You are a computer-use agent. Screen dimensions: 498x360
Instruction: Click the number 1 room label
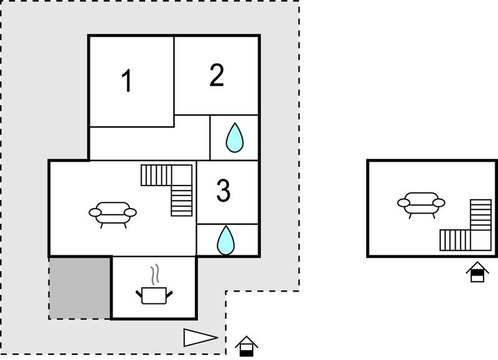(128, 81)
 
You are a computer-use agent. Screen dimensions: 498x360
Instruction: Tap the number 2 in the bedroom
(217, 75)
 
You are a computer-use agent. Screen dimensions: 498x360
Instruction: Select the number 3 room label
(223, 191)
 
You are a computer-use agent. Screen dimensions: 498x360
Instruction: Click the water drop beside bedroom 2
(235, 138)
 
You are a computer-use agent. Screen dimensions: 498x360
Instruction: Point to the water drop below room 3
(226, 240)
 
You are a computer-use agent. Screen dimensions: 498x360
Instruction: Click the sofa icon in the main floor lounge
(113, 215)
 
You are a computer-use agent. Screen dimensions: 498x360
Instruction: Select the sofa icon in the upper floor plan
(421, 206)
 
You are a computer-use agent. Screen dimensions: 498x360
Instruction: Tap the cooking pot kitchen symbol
(154, 295)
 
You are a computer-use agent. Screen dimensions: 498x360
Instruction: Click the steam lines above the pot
(154, 275)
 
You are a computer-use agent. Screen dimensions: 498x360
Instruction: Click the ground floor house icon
(247, 346)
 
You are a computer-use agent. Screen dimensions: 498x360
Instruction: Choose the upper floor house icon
(477, 272)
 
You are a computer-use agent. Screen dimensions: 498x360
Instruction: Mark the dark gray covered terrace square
(80, 288)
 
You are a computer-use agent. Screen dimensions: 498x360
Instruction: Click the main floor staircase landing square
(182, 175)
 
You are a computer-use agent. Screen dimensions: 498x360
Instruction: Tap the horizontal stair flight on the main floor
(157, 175)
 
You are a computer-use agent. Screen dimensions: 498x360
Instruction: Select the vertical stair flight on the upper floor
(481, 215)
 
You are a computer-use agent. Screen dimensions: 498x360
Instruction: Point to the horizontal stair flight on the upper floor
(455, 240)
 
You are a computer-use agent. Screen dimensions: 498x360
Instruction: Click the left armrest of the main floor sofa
(95, 212)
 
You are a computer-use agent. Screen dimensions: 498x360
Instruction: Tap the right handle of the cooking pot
(169, 294)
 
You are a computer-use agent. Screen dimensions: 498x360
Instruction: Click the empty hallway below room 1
(149, 143)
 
